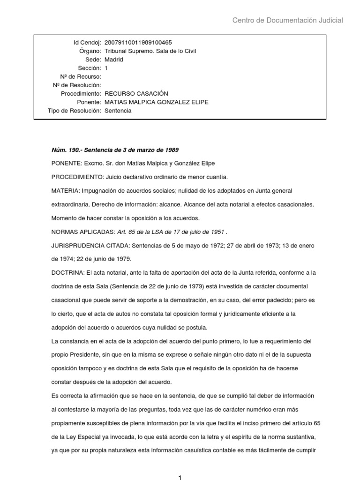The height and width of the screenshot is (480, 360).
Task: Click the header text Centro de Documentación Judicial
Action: point(288,20)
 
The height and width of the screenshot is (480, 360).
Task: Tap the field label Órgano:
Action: point(90,51)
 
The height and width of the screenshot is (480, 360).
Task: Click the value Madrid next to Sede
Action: point(114,60)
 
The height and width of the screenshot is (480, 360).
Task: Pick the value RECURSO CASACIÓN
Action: point(136,94)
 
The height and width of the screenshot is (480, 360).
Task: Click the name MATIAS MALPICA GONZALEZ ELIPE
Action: point(157,102)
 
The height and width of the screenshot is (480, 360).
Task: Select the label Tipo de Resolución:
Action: point(75,111)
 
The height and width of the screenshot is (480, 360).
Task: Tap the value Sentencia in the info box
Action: point(118,111)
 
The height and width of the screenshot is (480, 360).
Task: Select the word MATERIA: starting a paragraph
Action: point(66,191)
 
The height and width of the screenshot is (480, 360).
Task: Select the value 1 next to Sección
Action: point(106,68)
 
